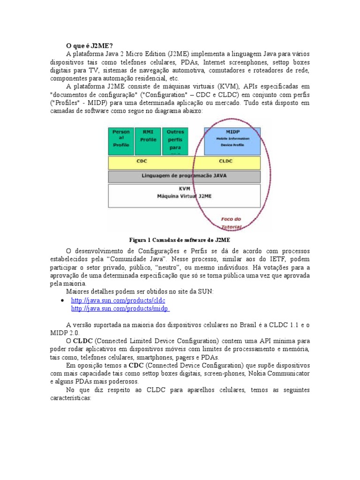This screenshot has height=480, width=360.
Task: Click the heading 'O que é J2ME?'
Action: tap(89, 45)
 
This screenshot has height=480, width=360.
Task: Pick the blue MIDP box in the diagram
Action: tap(232, 141)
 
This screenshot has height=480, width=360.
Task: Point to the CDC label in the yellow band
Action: tap(142, 163)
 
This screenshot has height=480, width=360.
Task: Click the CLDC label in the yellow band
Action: tap(225, 163)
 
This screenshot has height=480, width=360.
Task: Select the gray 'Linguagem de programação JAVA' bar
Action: tap(184, 176)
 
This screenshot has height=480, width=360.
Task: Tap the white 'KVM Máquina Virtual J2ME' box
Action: tap(184, 195)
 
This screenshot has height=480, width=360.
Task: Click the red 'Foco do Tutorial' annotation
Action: tap(231, 223)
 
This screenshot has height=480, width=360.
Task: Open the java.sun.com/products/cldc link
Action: tap(118, 300)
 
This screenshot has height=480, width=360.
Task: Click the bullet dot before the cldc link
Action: tap(63, 300)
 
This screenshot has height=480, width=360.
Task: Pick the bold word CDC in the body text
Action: tap(136, 365)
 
